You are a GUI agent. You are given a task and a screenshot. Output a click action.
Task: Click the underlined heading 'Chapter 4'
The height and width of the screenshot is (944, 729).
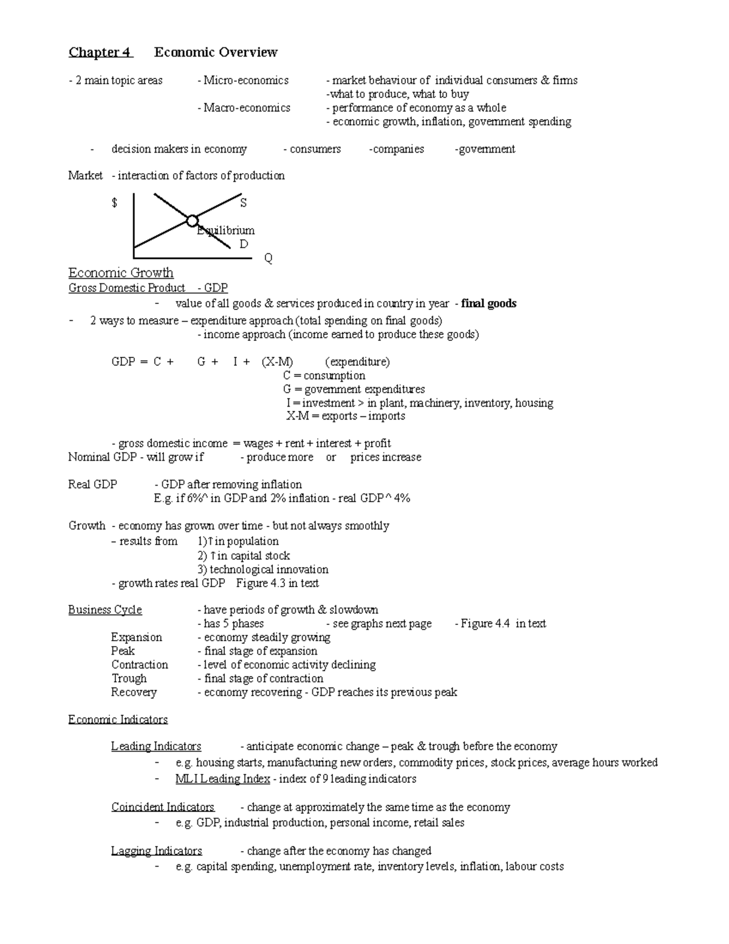click(x=100, y=52)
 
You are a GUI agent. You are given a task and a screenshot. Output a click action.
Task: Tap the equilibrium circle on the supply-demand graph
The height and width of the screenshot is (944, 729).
click(x=192, y=221)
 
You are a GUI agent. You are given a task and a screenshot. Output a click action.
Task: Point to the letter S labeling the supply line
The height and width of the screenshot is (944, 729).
click(x=244, y=202)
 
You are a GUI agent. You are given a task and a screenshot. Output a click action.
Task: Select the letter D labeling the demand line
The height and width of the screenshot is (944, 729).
click(x=244, y=244)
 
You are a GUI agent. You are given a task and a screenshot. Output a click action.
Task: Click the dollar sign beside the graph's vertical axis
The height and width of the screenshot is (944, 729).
click(x=114, y=203)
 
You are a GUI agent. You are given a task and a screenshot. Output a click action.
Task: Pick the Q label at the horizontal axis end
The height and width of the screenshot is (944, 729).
click(x=268, y=258)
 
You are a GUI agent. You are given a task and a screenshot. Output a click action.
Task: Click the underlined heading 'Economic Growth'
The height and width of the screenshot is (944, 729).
click(x=121, y=273)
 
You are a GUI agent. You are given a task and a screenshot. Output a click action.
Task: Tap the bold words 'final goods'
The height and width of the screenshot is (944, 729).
click(x=488, y=303)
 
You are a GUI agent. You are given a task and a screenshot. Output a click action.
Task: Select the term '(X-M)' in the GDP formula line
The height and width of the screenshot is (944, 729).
click(x=277, y=362)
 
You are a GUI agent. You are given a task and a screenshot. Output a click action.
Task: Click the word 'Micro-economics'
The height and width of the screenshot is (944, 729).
click(x=246, y=80)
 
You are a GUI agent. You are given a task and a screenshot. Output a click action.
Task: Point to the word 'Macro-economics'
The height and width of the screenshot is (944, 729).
click(x=247, y=108)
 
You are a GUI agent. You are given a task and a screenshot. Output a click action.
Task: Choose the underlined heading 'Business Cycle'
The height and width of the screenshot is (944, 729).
click(x=105, y=610)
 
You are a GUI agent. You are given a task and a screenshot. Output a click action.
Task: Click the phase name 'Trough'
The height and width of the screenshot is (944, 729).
click(x=129, y=678)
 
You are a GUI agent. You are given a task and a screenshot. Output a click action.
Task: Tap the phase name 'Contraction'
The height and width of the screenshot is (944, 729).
click(x=139, y=664)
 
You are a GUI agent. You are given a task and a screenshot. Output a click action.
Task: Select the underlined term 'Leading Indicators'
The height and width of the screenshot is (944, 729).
click(x=156, y=746)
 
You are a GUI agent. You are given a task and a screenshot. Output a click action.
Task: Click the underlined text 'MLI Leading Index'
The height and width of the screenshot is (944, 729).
click(x=222, y=779)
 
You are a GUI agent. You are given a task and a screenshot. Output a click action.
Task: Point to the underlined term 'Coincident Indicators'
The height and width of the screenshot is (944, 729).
click(x=163, y=807)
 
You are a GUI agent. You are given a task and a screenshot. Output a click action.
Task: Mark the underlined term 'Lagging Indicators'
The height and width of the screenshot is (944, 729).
click(x=156, y=851)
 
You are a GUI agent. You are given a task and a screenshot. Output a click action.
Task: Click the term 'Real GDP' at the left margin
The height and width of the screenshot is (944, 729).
click(x=93, y=484)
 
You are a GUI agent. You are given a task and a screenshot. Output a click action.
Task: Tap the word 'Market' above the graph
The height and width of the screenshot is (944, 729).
click(x=86, y=176)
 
